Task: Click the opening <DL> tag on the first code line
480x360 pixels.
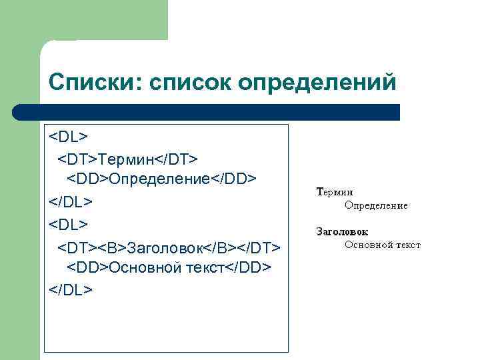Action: tap(68, 137)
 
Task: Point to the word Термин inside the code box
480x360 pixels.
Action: tap(127, 159)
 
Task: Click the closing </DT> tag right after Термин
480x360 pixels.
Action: tap(177, 159)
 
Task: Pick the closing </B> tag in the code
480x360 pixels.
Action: tap(218, 247)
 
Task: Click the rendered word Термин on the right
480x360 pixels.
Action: tap(335, 192)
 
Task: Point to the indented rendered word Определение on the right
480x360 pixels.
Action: tap(376, 205)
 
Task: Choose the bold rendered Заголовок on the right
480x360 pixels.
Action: tap(341, 232)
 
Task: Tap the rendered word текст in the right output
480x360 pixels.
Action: tap(408, 245)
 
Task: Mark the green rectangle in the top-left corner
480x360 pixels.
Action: tap(83, 20)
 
